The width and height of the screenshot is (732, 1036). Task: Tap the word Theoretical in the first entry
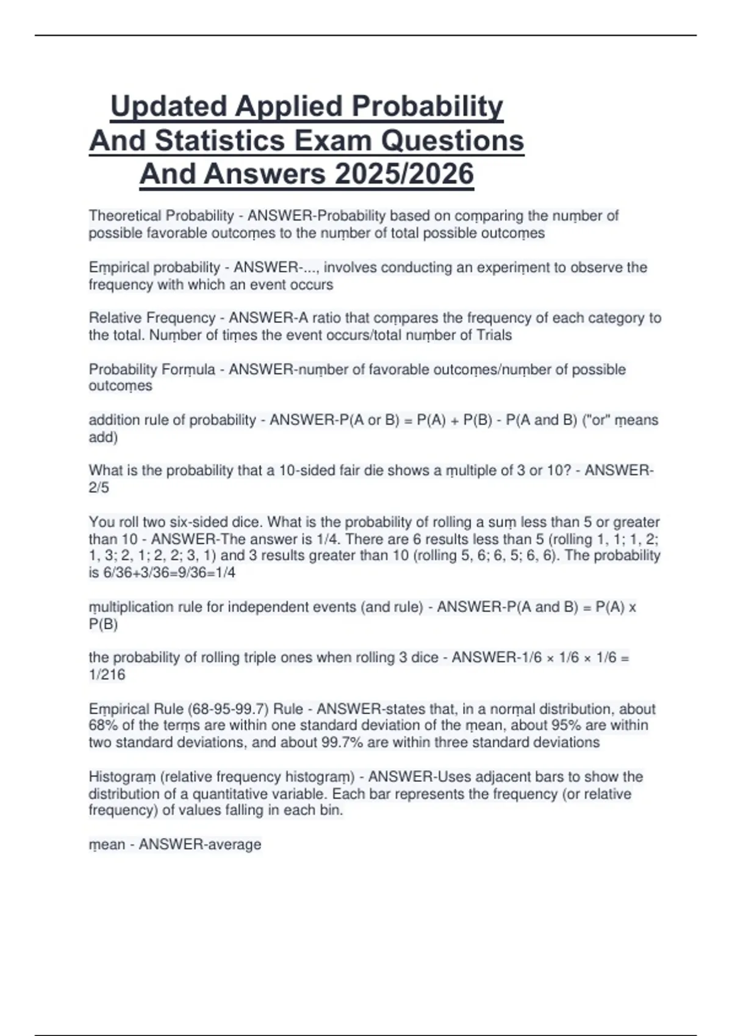(125, 216)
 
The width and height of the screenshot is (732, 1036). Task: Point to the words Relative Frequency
(152, 318)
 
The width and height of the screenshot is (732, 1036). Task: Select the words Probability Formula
(152, 369)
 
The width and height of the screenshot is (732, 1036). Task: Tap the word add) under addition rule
(103, 437)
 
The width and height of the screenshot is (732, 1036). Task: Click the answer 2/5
(99, 488)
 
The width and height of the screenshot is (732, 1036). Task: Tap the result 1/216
(107, 675)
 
